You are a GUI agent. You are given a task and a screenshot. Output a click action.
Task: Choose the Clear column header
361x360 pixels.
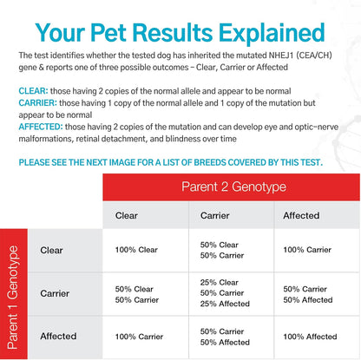click(x=128, y=214)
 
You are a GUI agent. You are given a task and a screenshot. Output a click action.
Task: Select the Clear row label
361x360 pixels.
click(x=51, y=250)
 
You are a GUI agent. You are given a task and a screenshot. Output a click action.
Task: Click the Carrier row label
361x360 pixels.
click(x=55, y=293)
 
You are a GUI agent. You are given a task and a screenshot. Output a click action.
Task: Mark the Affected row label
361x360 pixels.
click(x=57, y=336)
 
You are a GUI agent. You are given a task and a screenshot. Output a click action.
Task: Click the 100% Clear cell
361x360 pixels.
click(x=135, y=250)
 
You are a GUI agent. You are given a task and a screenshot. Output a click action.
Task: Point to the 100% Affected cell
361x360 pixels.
click(x=309, y=337)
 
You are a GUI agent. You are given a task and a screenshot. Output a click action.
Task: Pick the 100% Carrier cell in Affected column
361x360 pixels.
click(x=308, y=250)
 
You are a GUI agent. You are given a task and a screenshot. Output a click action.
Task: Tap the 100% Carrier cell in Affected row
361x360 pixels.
click(x=136, y=337)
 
